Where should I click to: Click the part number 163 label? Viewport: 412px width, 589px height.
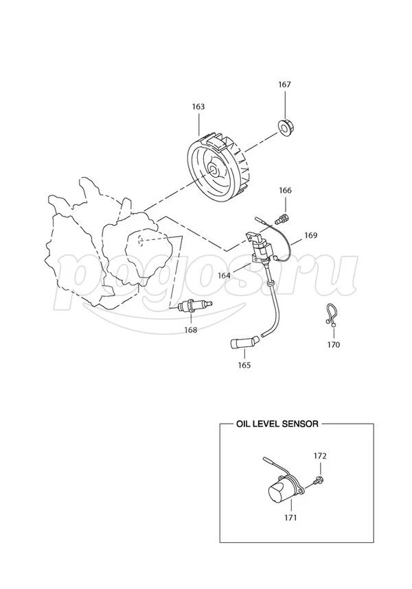tap(198, 107)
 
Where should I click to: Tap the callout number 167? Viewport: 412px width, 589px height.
tap(284, 84)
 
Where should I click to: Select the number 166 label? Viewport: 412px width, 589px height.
tap(285, 191)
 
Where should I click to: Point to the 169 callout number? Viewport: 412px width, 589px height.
tap(311, 235)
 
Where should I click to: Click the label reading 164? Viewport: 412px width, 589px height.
tap(224, 276)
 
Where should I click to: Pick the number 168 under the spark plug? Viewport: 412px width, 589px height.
tap(191, 330)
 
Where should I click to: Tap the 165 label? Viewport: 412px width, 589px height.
tap(244, 365)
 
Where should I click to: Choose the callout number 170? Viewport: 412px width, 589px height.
tap(333, 344)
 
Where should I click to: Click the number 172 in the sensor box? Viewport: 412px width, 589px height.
tap(320, 456)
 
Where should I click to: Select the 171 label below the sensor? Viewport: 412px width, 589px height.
tap(290, 518)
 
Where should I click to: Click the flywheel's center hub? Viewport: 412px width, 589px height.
tap(213, 169)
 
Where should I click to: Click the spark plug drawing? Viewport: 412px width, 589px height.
tap(195, 306)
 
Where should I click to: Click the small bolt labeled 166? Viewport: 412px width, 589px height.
tap(284, 217)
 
